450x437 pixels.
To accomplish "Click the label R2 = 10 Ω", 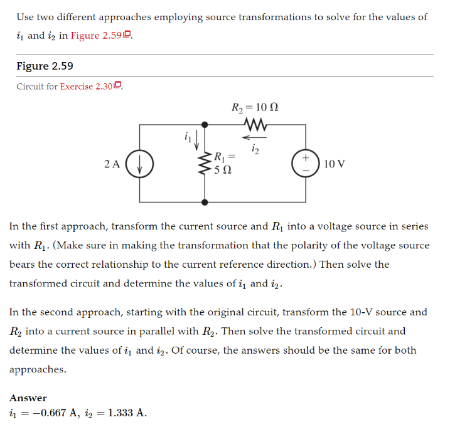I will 255,107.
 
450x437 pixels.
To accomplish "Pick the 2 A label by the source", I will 112,164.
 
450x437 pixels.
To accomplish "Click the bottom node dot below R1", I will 205,203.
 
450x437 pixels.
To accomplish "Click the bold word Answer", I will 28,398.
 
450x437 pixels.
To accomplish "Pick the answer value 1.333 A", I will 126,413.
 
